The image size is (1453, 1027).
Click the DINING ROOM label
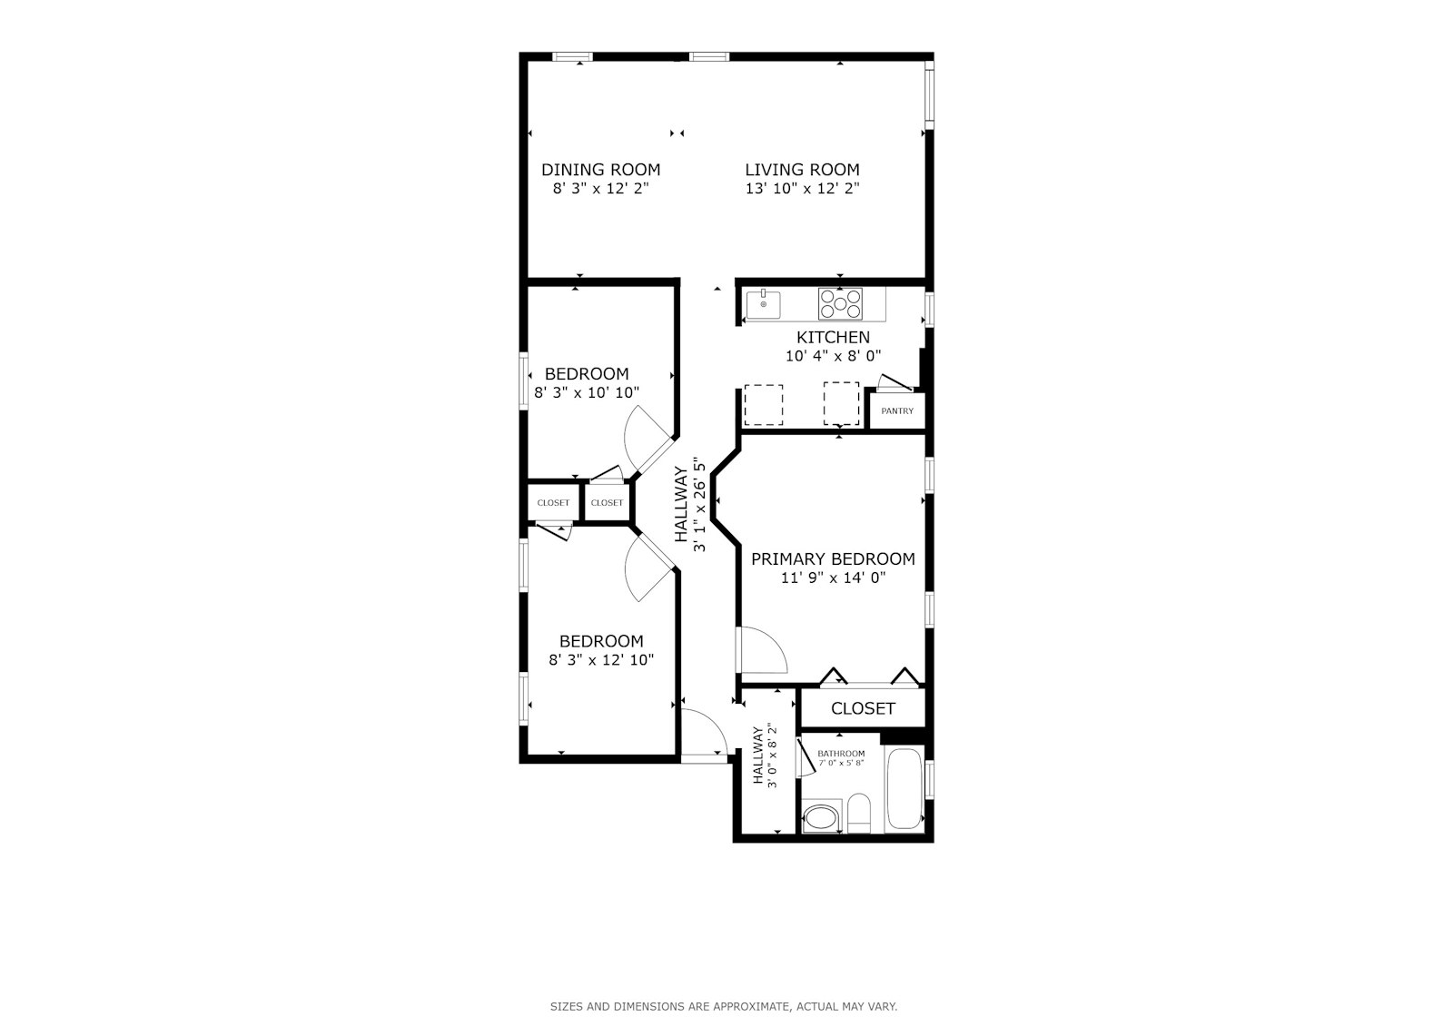pos(600,170)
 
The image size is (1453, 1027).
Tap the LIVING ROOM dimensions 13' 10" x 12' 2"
pos(802,189)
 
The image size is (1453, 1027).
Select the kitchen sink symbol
pos(764,304)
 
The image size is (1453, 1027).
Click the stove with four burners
pos(840,304)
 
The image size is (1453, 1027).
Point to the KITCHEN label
pos(833,338)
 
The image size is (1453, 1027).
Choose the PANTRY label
pos(897,411)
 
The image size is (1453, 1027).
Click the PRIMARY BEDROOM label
pos(833,559)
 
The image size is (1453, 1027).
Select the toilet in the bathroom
pos(859,814)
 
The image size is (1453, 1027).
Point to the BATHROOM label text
pos(841,754)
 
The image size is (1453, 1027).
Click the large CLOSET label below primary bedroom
pos(863,708)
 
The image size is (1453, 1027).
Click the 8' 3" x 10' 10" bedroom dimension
pos(587,393)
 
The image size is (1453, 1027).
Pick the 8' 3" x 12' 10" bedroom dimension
pos(600,660)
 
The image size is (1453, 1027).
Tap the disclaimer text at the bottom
pos(723,1006)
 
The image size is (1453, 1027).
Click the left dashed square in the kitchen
pos(763,405)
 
